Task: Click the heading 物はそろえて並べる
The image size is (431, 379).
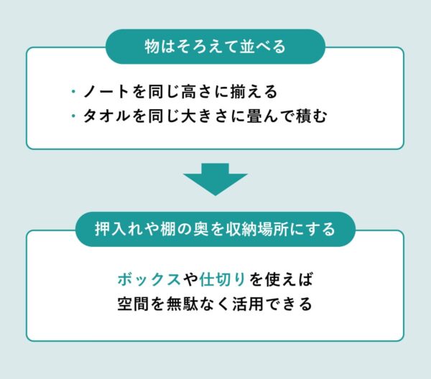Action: [215, 47]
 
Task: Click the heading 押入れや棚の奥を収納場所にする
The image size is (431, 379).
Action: [215, 229]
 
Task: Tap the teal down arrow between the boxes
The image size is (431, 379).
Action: [215, 179]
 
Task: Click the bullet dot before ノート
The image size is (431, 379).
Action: [74, 93]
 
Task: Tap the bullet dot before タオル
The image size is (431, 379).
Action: [74, 116]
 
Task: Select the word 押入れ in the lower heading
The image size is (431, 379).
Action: [118, 229]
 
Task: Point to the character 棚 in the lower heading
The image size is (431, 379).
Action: [175, 229]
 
